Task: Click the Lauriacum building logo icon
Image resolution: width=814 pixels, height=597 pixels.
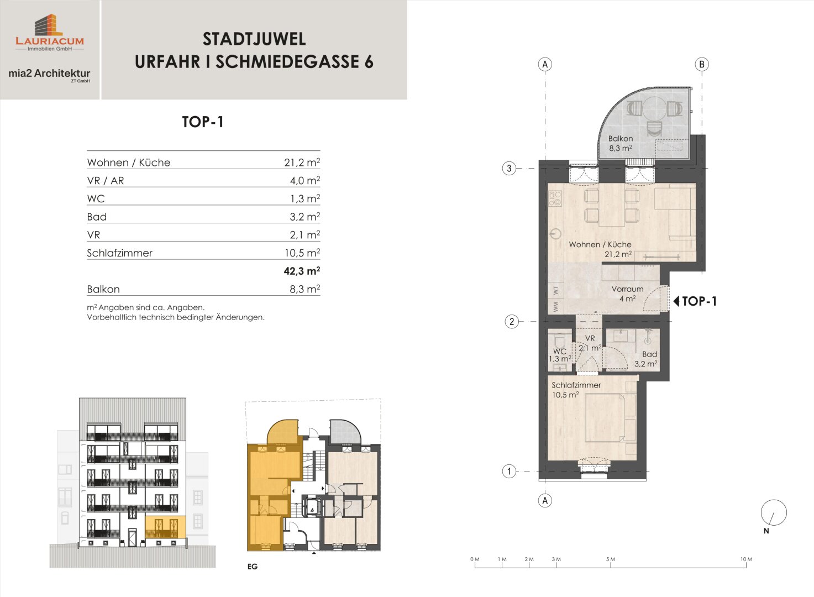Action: coord(49,25)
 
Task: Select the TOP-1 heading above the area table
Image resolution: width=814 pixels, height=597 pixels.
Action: coord(203,122)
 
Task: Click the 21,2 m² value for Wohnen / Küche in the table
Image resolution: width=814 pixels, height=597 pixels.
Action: coord(302,162)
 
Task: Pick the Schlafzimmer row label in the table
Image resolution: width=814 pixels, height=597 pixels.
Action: coord(119,253)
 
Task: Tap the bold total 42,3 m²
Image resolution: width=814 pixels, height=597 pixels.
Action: coord(302,271)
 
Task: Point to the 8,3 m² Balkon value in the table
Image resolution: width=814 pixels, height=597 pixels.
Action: coord(305,289)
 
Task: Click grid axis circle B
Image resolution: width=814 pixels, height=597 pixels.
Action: coord(702,64)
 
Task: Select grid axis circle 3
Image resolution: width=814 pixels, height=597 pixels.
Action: coord(509,169)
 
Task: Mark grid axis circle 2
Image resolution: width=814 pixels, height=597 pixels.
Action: coord(512,321)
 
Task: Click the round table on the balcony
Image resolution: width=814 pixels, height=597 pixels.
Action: coord(655,108)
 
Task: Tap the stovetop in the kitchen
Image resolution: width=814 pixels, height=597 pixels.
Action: coord(555,199)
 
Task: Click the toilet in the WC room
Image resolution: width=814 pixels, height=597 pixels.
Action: coord(559,342)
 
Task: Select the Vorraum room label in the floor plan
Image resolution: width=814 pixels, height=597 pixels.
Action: coord(627,289)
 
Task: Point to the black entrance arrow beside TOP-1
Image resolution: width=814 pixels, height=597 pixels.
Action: coord(676,301)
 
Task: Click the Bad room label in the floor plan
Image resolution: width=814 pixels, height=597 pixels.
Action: coord(649,354)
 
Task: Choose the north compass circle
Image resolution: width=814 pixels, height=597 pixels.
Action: coord(774,512)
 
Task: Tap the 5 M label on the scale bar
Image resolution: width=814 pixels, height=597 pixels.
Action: coord(611,559)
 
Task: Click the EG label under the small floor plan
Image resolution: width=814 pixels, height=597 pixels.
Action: coord(252,567)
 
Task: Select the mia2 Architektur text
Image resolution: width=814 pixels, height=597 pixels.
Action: coord(49,74)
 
